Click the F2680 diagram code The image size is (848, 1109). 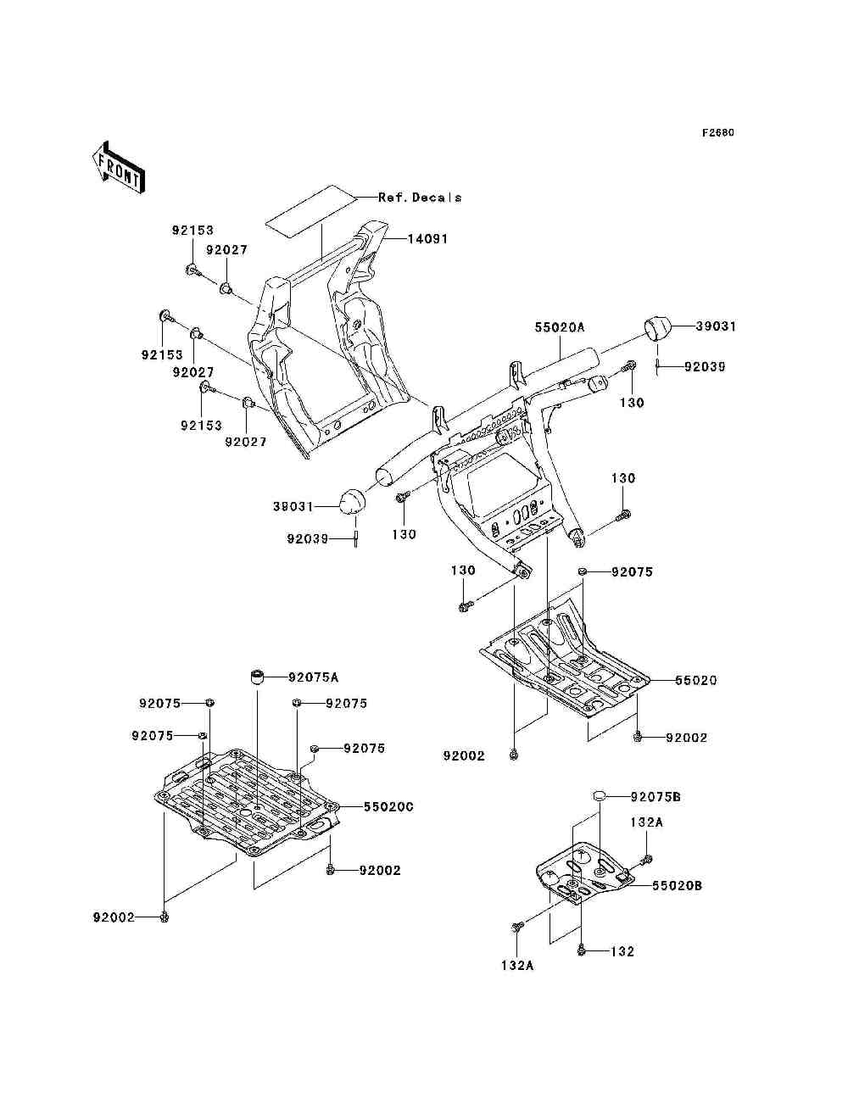(717, 133)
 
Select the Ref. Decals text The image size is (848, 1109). (420, 198)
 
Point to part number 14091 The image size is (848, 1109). (427, 239)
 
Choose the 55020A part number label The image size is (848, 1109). (561, 326)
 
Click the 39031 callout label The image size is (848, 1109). (716, 326)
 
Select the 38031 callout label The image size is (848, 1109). (293, 506)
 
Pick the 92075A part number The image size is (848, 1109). (313, 677)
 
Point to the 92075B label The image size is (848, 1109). (656, 797)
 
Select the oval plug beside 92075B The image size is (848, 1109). (600, 796)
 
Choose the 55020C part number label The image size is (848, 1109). (388, 807)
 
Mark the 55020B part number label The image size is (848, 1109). (676, 886)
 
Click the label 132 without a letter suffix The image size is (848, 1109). (622, 952)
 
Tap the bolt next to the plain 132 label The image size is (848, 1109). (581, 951)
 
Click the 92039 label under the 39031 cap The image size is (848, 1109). (705, 367)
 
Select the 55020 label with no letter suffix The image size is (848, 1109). (695, 681)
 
